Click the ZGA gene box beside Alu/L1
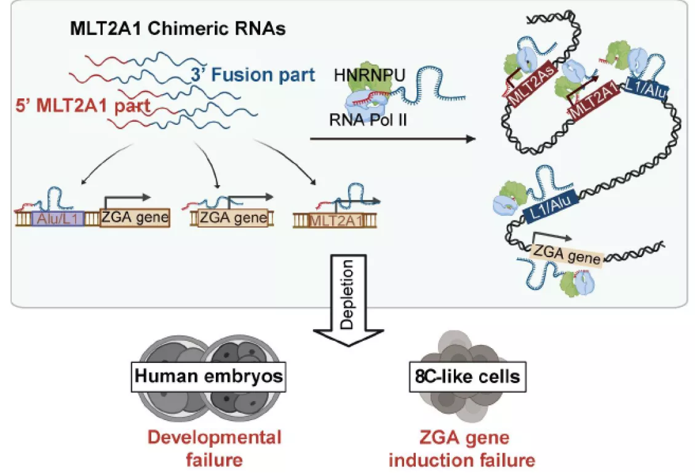pyautogui.click(x=135, y=218)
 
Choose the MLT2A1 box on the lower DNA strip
pyautogui.click(x=336, y=220)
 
